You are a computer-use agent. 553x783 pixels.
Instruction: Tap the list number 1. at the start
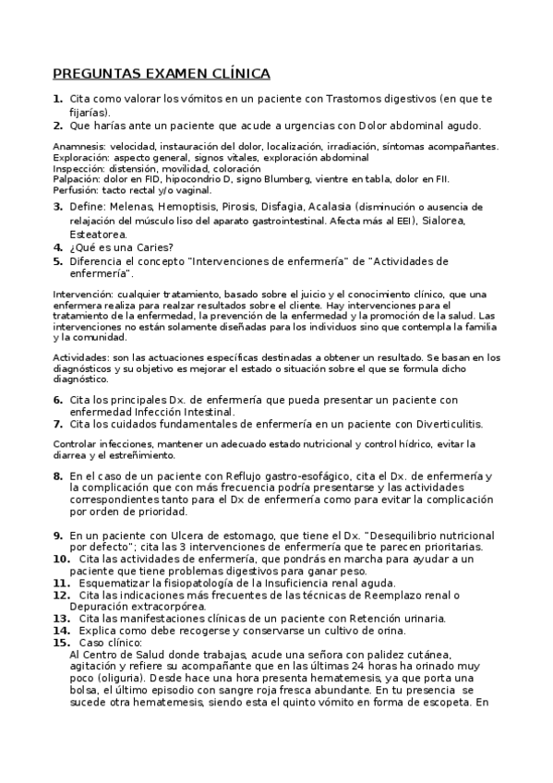(x=57, y=98)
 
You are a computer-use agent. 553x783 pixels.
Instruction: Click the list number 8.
(x=57, y=476)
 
